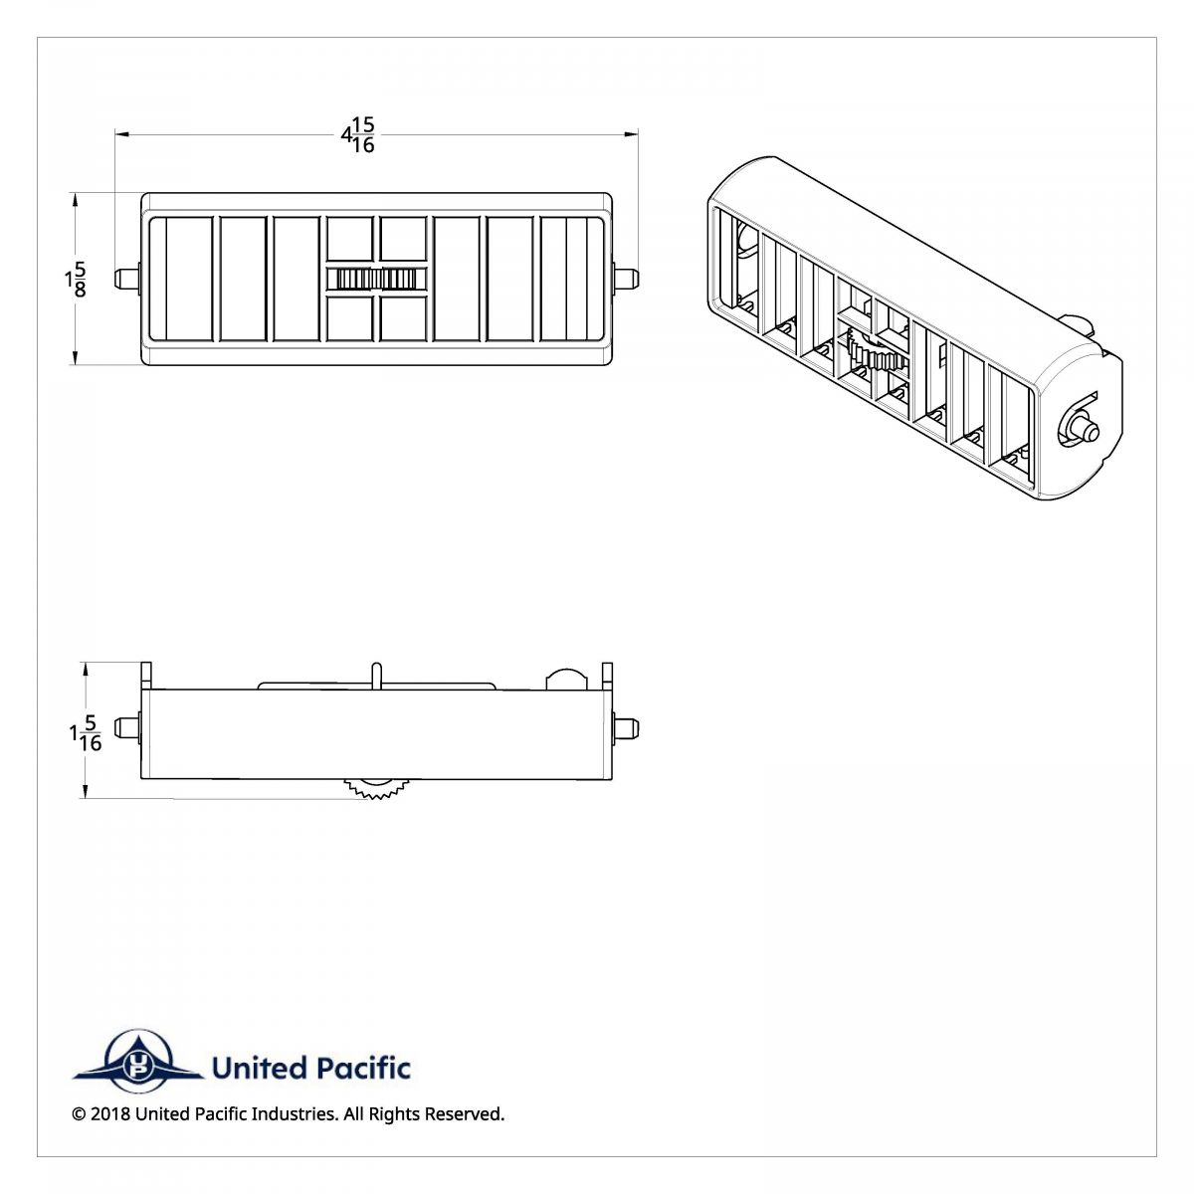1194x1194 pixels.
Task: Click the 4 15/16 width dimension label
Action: [x=359, y=135]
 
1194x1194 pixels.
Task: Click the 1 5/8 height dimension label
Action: [x=76, y=280]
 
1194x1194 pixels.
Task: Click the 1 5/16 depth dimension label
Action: [x=87, y=734]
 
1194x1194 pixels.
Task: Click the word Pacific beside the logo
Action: [x=362, y=1069]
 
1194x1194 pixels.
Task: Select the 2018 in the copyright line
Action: [x=109, y=1114]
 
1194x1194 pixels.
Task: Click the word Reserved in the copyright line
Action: [x=465, y=1114]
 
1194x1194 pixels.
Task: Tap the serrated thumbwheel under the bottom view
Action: [x=375, y=788]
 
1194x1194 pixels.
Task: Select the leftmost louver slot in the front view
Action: [x=189, y=280]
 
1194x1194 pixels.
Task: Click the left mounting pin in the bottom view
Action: [x=126, y=727]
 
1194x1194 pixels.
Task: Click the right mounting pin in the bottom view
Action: [x=627, y=727]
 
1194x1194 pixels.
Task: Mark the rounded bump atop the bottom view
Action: [x=566, y=679]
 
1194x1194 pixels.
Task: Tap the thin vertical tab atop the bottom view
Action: [x=376, y=674]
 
